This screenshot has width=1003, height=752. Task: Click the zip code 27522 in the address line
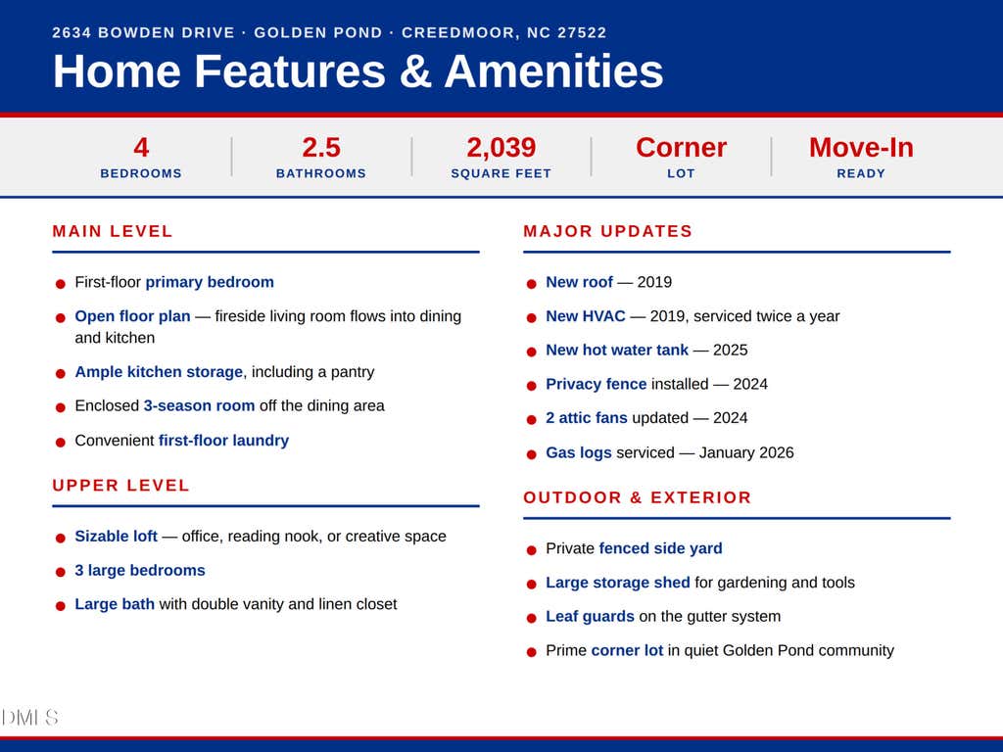(582, 32)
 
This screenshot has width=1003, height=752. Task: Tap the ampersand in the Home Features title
(414, 70)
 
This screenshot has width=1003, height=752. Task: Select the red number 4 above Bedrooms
(141, 148)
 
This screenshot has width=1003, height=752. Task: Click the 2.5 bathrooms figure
(321, 148)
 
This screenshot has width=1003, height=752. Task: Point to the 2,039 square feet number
(501, 148)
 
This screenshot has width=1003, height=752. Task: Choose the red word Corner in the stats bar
(682, 148)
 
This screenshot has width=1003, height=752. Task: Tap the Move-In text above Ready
(861, 148)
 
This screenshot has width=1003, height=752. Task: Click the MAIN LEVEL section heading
(113, 231)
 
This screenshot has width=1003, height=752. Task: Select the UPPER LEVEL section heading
(120, 486)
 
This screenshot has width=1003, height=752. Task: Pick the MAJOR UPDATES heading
(607, 231)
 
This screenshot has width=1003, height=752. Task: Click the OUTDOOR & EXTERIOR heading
(637, 497)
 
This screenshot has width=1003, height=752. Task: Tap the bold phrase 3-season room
(199, 406)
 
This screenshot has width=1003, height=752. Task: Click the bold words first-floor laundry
(224, 441)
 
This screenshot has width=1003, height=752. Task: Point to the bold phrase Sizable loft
(116, 536)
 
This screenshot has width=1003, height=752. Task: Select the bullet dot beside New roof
(531, 284)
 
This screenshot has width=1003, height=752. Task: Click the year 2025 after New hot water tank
(731, 351)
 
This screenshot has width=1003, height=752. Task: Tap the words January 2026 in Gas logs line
(746, 452)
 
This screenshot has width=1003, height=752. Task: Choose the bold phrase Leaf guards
(590, 617)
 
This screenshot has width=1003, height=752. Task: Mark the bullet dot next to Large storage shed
(531, 585)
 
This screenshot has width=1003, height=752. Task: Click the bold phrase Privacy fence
(597, 384)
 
